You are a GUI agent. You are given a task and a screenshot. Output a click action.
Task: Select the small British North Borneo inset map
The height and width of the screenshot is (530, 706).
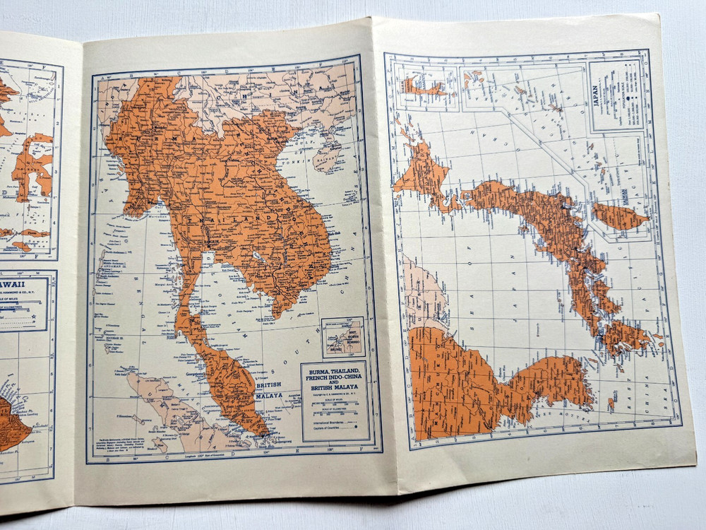click(x=342, y=336)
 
